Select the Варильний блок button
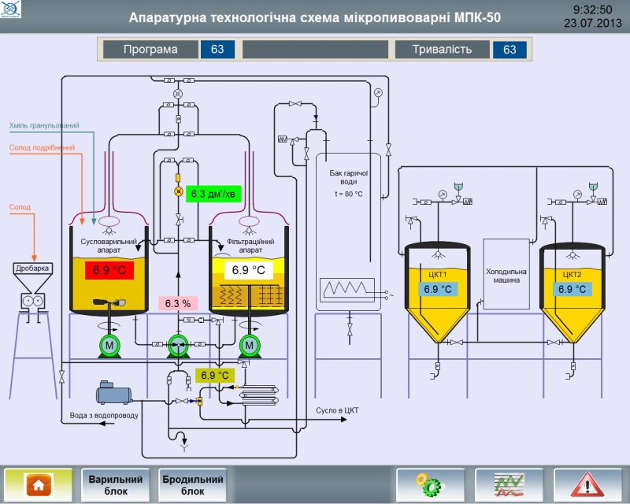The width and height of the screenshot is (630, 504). pyautogui.click(x=115, y=484)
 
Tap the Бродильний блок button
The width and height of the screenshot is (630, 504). pyautogui.click(x=192, y=484)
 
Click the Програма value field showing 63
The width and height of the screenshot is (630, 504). pyautogui.click(x=217, y=50)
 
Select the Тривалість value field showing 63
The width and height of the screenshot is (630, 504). pyautogui.click(x=510, y=50)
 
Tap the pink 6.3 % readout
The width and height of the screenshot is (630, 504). pyautogui.click(x=178, y=303)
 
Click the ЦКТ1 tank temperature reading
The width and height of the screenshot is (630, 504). pyautogui.click(x=438, y=289)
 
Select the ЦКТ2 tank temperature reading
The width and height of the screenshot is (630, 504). pyautogui.click(x=572, y=289)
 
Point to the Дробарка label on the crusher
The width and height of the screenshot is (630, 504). pyautogui.click(x=32, y=268)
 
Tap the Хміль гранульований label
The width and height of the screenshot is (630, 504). pyautogui.click(x=44, y=125)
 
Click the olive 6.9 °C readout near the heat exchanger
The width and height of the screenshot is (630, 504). pyautogui.click(x=214, y=375)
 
